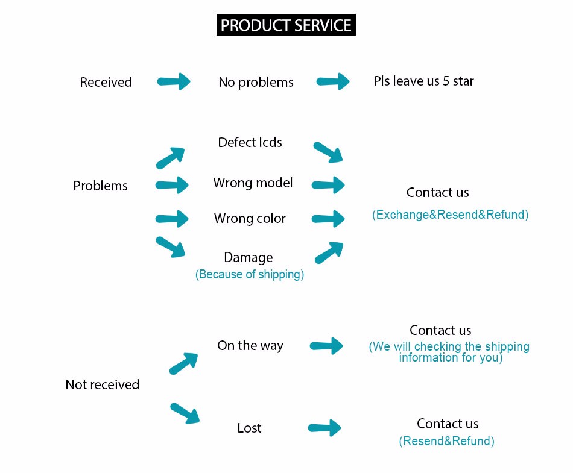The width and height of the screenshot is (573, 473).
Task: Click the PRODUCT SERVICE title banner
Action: [286, 25]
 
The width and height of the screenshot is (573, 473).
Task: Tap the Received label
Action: [106, 82]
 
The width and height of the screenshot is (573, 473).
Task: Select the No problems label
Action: [256, 83]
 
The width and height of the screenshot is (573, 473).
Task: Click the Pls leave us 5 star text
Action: [423, 81]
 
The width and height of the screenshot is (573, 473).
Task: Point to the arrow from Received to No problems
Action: [174, 81]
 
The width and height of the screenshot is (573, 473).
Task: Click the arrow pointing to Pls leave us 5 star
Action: [333, 81]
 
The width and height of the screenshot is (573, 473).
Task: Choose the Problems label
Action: [101, 186]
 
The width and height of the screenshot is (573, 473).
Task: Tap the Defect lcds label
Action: [250, 142]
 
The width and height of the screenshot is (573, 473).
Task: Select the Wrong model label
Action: [253, 183]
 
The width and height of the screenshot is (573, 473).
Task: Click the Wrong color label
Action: [250, 218]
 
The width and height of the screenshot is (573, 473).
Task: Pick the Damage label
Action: [249, 258]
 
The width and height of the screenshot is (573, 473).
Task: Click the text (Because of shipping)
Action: [250, 274]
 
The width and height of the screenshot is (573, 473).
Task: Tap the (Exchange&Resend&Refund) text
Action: [450, 215]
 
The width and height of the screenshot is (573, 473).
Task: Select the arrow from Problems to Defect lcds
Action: [170, 158]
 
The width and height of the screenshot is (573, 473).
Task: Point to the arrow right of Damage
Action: [329, 252]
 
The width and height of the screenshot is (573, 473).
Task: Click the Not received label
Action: [103, 384]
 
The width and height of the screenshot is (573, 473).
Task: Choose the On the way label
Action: [250, 346]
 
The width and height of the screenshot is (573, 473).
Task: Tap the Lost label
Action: [249, 428]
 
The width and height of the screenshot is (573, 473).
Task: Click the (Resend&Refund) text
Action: [446, 441]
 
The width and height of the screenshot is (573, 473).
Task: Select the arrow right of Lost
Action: [324, 428]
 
